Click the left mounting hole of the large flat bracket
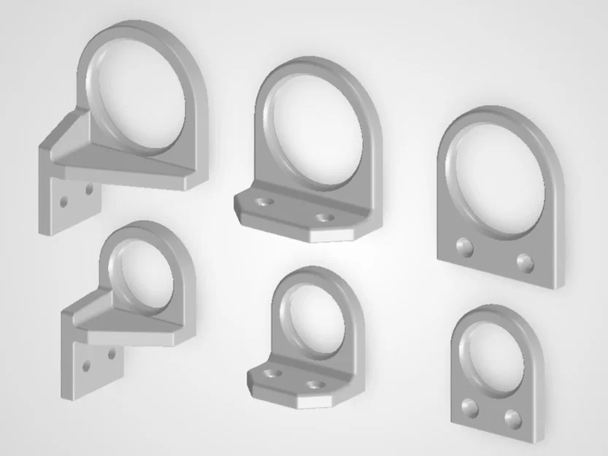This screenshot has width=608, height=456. click(x=463, y=248)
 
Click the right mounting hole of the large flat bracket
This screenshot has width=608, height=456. click(x=524, y=261)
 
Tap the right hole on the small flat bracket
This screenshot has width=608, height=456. click(x=512, y=417)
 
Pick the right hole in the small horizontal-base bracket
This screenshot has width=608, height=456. click(x=315, y=384)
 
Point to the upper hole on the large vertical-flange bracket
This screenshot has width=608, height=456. click(x=89, y=189)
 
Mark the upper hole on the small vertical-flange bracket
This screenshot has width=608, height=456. click(x=111, y=355)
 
